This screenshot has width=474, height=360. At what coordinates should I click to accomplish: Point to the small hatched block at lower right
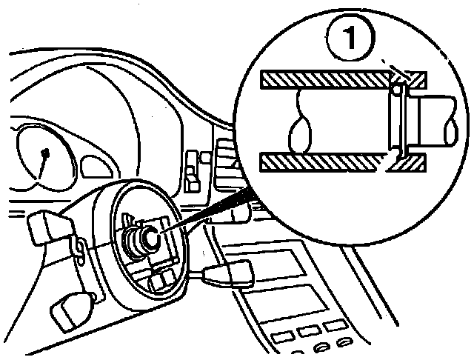[409, 161]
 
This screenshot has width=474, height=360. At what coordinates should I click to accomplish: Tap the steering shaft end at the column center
[147, 239]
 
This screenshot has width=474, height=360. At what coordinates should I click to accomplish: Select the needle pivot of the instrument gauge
[46, 154]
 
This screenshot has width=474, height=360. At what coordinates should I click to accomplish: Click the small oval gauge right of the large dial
[96, 164]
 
